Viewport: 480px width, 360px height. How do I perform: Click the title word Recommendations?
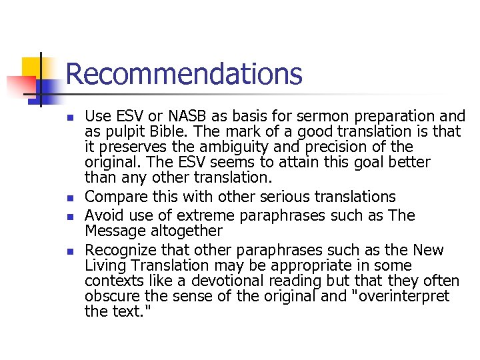(183, 73)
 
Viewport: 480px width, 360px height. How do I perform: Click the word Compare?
(113, 197)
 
